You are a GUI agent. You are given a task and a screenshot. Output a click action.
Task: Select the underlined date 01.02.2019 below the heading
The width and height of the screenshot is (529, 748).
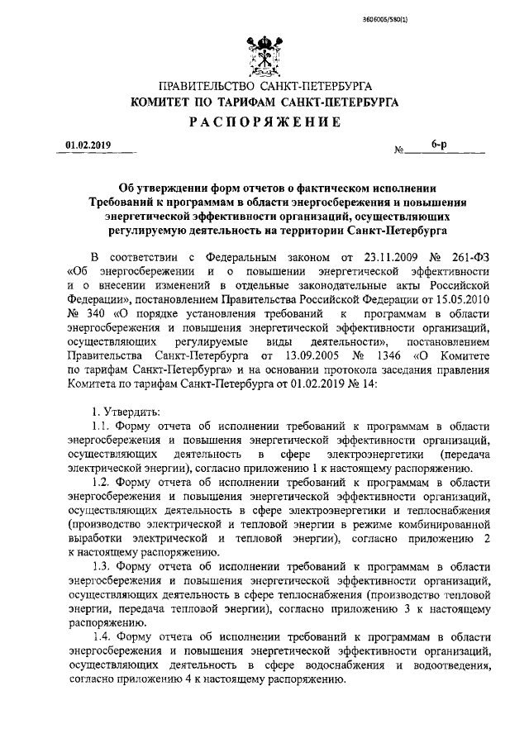[x=88, y=146]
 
